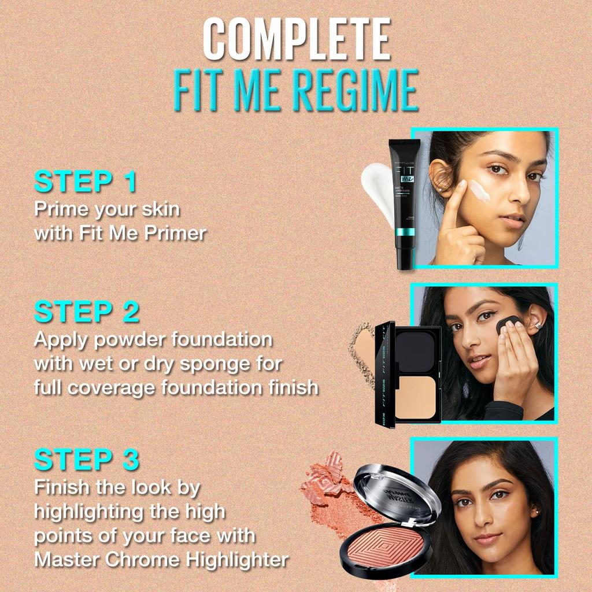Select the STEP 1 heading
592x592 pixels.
(86, 182)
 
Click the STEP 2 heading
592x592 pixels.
(87, 312)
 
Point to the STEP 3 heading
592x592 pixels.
(87, 460)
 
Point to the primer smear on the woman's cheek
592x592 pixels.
(479, 191)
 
